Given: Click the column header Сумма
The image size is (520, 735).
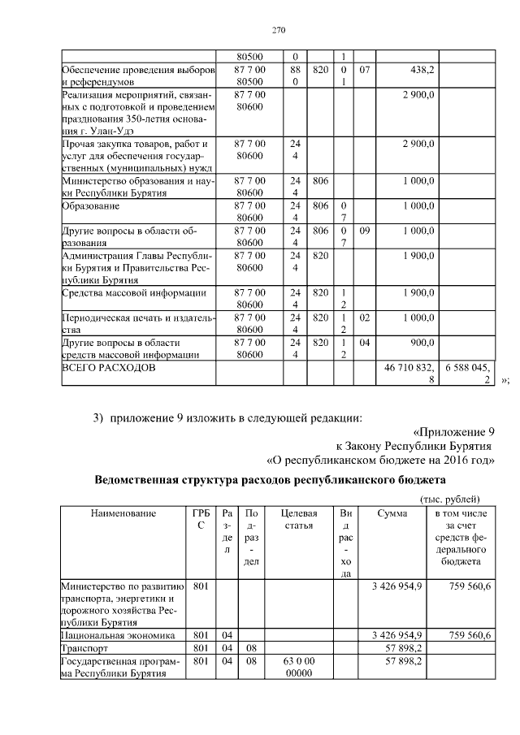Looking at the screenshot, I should pos(392,513).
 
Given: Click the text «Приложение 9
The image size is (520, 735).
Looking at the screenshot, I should pos(453,431).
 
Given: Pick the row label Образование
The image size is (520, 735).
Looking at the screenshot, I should pos(91,207).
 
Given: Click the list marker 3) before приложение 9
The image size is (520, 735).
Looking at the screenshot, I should pos(98,417).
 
